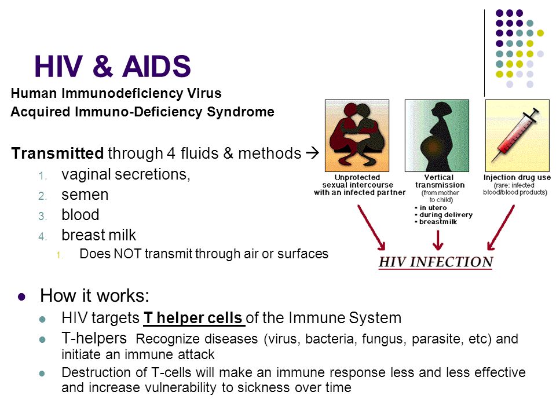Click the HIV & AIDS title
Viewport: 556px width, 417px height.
[112, 66]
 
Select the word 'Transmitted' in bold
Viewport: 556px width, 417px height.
[57, 153]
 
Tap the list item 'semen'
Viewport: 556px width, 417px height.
[85, 195]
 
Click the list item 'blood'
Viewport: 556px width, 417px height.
[80, 215]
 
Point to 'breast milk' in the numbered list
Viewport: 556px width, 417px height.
[98, 235]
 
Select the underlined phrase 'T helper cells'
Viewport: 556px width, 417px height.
[193, 318]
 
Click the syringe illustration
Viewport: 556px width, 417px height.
[517, 136]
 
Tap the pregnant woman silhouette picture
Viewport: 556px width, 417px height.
[437, 136]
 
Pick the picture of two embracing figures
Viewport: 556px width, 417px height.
[357, 136]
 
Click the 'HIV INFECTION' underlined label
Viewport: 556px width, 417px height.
[436, 262]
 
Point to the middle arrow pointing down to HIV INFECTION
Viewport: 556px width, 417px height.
[438, 240]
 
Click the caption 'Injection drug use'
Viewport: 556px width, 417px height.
[517, 177]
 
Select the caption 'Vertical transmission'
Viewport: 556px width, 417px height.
[440, 181]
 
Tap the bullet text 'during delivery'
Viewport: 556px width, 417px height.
[446, 215]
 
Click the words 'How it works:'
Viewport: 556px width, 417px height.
[94, 295]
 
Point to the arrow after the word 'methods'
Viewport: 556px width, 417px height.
[312, 153]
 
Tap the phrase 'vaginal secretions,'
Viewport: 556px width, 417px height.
[126, 174]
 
